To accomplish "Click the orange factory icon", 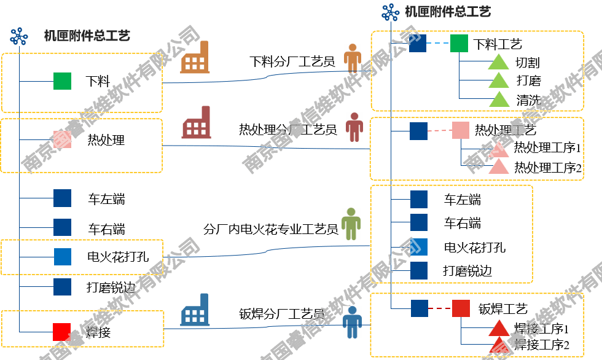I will (x=195, y=58).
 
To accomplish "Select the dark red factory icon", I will (x=196, y=123).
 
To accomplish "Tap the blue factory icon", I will (x=195, y=310).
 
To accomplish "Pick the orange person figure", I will (x=352, y=58).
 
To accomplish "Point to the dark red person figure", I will (x=354, y=127).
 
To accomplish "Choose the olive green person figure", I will (x=351, y=224).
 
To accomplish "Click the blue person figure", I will (x=352, y=322).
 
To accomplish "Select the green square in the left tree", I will (x=62, y=81).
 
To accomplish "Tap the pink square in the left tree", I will (x=62, y=139).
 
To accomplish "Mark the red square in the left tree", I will (x=61, y=332).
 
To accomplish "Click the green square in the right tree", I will (x=459, y=43).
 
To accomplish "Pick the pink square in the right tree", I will (x=461, y=130).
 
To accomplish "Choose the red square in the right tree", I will (x=461, y=308).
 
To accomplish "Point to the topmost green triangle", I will (x=499, y=62).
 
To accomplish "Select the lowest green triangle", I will (x=499, y=100).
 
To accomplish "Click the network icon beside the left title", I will (x=19, y=36).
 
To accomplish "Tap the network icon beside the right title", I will (x=391, y=12).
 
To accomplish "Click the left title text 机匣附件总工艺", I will (x=87, y=36).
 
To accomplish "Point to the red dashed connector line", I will (x=440, y=308).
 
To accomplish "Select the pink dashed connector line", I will (x=440, y=130).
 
